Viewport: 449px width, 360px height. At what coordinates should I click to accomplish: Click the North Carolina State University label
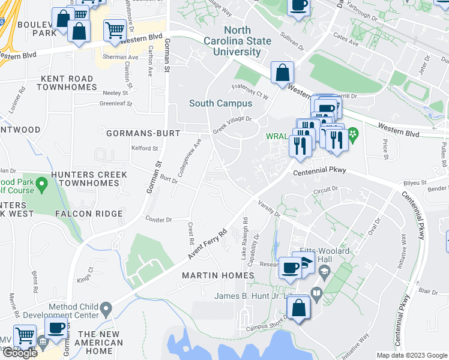[x=247, y=41]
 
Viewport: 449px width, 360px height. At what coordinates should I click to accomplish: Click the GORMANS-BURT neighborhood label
[x=143, y=133]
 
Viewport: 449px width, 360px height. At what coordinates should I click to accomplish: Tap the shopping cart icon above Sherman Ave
[x=115, y=30]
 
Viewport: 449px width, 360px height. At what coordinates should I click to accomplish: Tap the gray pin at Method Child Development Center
[x=106, y=310]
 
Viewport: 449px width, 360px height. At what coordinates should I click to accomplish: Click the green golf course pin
[x=41, y=184]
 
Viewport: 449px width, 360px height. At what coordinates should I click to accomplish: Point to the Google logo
[x=20, y=353]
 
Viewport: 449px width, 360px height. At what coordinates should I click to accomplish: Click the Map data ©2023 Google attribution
[x=411, y=355]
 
